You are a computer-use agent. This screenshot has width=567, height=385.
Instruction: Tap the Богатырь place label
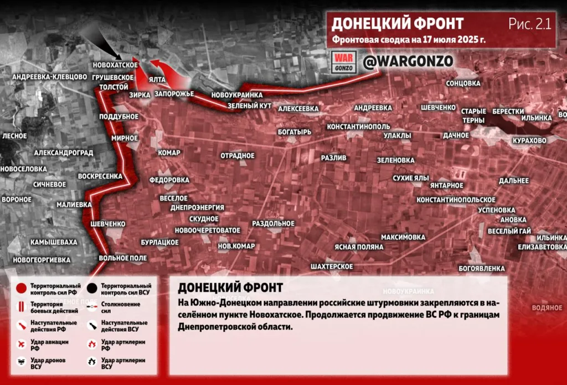295,132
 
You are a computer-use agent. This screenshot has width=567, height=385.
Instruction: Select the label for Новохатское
115,65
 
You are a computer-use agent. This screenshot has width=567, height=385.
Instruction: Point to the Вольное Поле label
123,259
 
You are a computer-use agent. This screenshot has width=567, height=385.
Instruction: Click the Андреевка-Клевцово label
50,77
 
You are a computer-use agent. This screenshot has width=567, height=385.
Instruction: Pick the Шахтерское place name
332,267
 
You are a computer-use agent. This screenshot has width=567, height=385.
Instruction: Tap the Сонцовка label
463,83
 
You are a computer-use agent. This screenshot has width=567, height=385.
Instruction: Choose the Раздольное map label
273,223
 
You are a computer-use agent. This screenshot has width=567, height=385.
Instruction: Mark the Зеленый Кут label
249,105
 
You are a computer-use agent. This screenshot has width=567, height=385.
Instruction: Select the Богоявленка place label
482,269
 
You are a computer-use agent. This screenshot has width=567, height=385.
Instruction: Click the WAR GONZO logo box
343,62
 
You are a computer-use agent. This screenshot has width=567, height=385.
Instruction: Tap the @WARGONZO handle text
408,61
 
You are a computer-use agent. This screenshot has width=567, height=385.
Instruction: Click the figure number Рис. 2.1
529,23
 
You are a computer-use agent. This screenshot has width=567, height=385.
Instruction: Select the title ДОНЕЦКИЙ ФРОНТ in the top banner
398,23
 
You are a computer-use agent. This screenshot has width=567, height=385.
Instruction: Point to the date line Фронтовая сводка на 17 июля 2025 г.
409,40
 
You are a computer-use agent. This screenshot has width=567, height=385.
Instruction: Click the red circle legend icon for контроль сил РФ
21,288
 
